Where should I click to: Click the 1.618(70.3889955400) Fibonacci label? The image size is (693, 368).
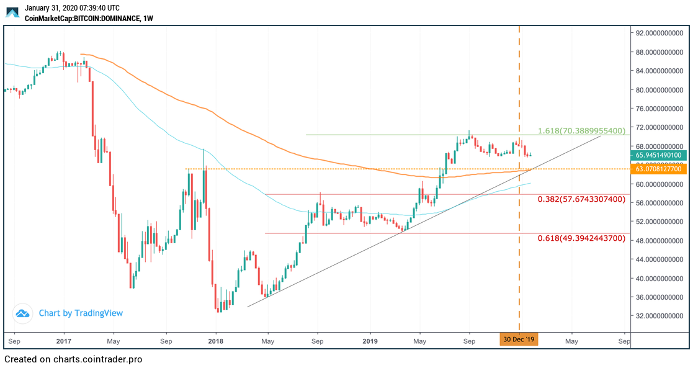[581, 132]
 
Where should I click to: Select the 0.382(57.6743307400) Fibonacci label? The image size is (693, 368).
[581, 199]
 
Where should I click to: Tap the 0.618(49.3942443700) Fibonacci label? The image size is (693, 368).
[581, 238]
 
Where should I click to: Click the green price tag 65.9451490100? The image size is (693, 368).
[659, 155]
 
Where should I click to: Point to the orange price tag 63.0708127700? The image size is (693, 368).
[659, 169]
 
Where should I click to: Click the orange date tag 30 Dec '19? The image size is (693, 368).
[519, 340]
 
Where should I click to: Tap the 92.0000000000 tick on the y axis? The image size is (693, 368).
[659, 33]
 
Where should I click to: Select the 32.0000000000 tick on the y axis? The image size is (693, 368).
[659, 316]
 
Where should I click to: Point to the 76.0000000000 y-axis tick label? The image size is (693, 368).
[659, 109]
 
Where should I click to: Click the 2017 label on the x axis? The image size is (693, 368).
[63, 341]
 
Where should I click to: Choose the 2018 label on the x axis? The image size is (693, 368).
[215, 341]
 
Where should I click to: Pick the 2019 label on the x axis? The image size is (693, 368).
[370, 341]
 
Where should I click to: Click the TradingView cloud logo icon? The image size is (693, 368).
[23, 313]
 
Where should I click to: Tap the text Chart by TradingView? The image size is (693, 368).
[81, 313]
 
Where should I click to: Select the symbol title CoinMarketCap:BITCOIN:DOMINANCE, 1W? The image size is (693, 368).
[89, 19]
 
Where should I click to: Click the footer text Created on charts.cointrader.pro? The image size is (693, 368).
[73, 359]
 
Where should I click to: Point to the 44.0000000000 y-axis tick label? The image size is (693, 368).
[659, 259]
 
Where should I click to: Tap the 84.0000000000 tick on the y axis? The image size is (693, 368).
[659, 71]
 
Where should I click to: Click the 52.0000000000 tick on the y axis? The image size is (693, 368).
[659, 222]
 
